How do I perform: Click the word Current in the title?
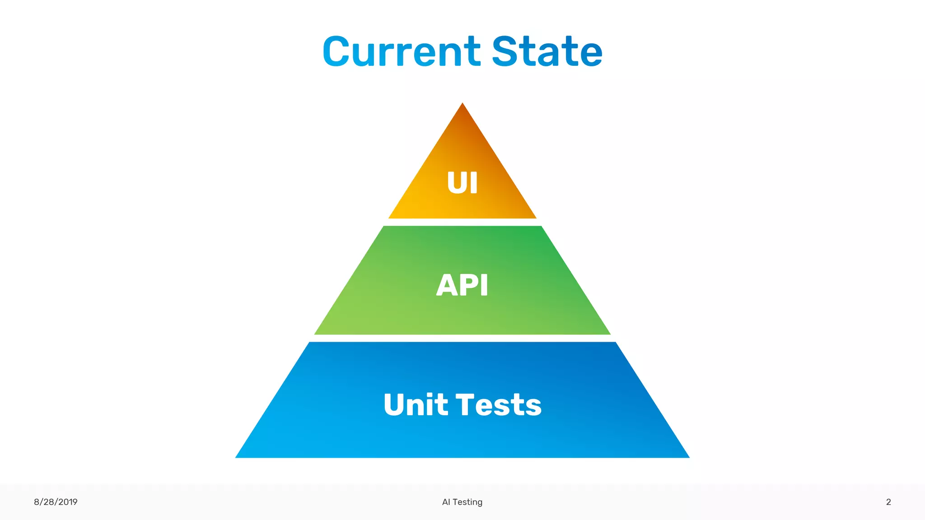pyautogui.click(x=402, y=52)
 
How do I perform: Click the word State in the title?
pyautogui.click(x=547, y=52)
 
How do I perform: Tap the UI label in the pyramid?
pyautogui.click(x=462, y=183)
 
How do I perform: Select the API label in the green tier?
pyautogui.click(x=462, y=285)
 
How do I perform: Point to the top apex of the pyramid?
pyautogui.click(x=462, y=104)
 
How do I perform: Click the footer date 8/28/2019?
pyautogui.click(x=56, y=502)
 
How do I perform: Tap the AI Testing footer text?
pyautogui.click(x=462, y=502)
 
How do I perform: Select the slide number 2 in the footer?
pyautogui.click(x=888, y=502)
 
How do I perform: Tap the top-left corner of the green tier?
pyautogui.click(x=384, y=227)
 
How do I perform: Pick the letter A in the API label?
pyautogui.click(x=446, y=285)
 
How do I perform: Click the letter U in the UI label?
pyautogui.click(x=456, y=183)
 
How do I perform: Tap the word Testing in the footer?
pyautogui.click(x=467, y=502)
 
